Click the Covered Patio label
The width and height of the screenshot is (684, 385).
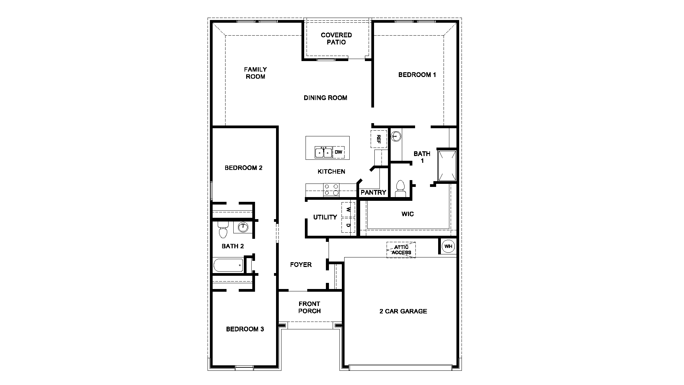(x=336, y=39)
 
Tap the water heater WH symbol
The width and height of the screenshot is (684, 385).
(x=448, y=247)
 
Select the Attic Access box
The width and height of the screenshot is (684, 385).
(x=401, y=250)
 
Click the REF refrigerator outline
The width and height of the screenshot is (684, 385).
(x=379, y=139)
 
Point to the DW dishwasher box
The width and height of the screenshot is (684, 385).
(x=338, y=152)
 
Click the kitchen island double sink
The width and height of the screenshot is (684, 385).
(x=323, y=152)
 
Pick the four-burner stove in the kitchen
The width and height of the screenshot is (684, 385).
(x=331, y=190)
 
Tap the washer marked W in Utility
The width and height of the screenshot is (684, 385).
(x=348, y=210)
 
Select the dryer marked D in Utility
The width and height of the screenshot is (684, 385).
(x=348, y=225)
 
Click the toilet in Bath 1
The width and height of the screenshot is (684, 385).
(x=400, y=189)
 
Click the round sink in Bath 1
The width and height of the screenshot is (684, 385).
(x=396, y=136)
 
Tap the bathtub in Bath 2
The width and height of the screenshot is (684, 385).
(x=228, y=265)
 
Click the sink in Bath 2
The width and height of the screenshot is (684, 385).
(x=242, y=227)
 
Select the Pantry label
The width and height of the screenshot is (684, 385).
(x=373, y=193)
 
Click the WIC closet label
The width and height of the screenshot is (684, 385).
(x=407, y=214)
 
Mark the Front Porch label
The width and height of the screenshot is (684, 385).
(x=309, y=307)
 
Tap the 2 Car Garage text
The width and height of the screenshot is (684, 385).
(x=403, y=311)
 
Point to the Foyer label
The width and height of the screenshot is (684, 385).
(x=301, y=265)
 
